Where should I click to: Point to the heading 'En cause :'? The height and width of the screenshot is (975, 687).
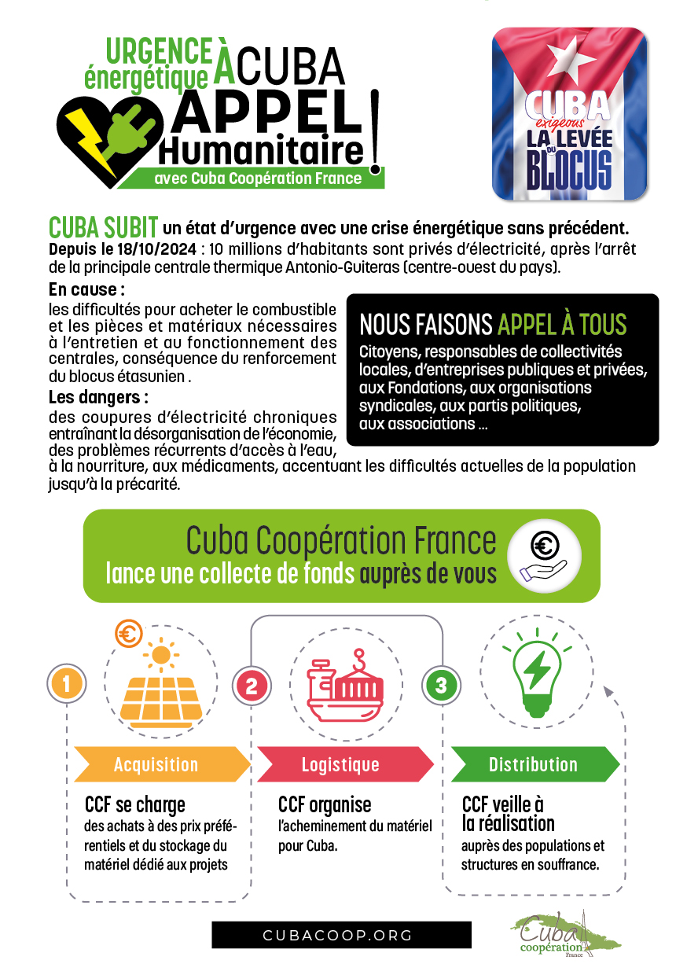[86, 289]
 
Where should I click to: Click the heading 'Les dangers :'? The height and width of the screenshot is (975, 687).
[98, 396]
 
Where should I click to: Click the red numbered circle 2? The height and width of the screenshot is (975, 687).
[252, 685]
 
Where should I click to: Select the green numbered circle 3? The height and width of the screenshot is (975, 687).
[440, 685]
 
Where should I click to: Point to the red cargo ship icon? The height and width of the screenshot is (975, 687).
[346, 684]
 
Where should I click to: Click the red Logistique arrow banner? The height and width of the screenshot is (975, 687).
[341, 764]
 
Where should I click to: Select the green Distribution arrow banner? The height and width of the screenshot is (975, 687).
[533, 764]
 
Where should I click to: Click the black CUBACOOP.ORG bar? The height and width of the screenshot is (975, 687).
[341, 935]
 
